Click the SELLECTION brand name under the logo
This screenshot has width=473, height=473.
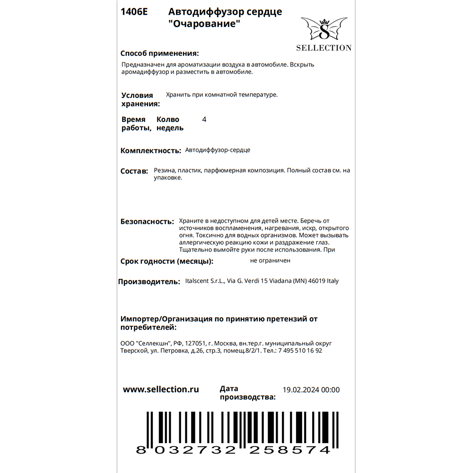324,48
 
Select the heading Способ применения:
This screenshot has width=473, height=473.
159,53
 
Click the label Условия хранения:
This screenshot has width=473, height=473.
140,99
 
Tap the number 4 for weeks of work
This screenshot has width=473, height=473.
204,120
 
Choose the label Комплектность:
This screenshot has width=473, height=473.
151,151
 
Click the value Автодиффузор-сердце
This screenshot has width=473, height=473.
218,150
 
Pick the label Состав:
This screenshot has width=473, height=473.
134,171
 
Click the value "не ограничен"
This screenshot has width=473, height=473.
270,260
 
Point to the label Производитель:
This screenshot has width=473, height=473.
149,282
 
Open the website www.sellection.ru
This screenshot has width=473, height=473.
161,390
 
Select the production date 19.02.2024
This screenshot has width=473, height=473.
301,390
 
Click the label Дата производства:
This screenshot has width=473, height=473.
247,393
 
